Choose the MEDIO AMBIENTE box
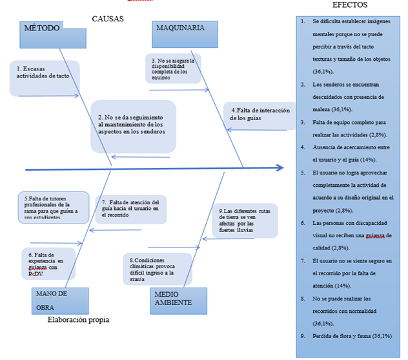coord(179,300)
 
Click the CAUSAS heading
coord(108,19)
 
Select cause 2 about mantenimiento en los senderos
coord(132,123)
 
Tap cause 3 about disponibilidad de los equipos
coord(171,68)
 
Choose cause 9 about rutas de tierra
coord(245,220)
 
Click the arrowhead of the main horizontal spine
coord(279,168)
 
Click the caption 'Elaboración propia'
coord(78,319)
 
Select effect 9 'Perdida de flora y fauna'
coord(348,335)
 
